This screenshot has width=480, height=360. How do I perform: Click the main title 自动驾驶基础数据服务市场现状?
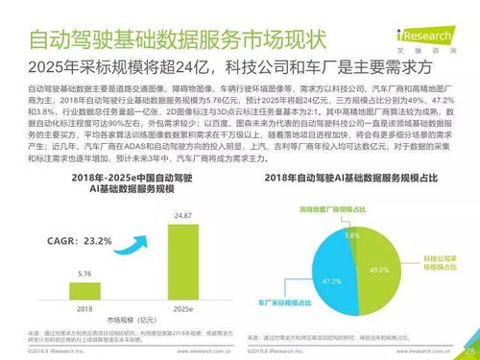point(178,41)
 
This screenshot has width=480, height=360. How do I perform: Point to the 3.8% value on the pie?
point(351,235)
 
